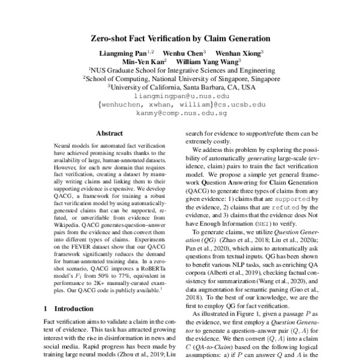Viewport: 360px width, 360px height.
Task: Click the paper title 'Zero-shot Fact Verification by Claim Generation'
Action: [180, 38]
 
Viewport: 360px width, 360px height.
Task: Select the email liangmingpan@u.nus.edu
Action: [181, 95]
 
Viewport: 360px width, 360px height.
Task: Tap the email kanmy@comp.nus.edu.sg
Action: [181, 112]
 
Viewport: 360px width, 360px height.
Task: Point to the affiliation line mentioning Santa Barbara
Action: [181, 87]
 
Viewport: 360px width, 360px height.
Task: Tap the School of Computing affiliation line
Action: [181, 78]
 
